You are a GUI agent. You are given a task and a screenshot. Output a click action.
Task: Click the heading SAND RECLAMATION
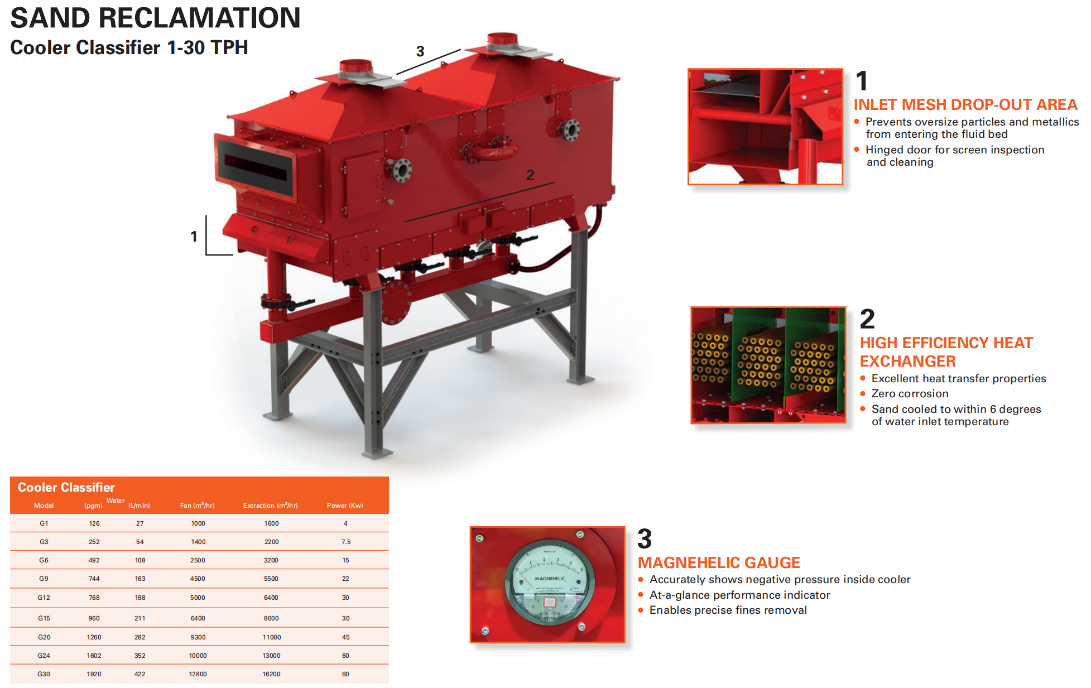coord(155,18)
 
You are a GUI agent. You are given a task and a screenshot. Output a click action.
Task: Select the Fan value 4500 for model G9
coord(198,579)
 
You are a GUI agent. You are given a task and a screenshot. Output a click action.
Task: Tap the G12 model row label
coord(44,598)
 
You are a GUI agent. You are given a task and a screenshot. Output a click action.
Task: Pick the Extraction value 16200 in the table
coord(271,674)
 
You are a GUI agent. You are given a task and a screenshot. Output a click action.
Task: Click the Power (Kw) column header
coord(345,506)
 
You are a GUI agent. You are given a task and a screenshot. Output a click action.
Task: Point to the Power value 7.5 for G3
coord(346,542)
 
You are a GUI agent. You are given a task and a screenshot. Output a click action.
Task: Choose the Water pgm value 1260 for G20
coord(94,637)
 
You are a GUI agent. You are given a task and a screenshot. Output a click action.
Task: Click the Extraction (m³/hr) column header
coord(271,506)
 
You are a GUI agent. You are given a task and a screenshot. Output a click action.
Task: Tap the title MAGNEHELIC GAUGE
coord(719,562)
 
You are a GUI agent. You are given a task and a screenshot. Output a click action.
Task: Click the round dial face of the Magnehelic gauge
coord(550,583)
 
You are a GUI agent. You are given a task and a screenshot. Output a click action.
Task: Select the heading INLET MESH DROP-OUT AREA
coord(965,105)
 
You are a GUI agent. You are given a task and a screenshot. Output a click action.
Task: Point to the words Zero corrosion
coord(910,394)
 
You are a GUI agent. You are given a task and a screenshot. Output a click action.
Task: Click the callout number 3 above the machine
coord(420,51)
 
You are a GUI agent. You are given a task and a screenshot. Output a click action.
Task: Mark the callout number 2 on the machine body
coord(530,175)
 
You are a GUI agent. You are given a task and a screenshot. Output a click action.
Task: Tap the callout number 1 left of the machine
coord(194,237)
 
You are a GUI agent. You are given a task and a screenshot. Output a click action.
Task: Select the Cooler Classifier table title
coord(66,488)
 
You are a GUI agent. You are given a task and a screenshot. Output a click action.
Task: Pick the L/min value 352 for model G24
coord(140,656)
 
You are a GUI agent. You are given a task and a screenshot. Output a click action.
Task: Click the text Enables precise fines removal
coord(728,610)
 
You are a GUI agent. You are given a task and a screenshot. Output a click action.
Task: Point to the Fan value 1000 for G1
coord(198,523)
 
